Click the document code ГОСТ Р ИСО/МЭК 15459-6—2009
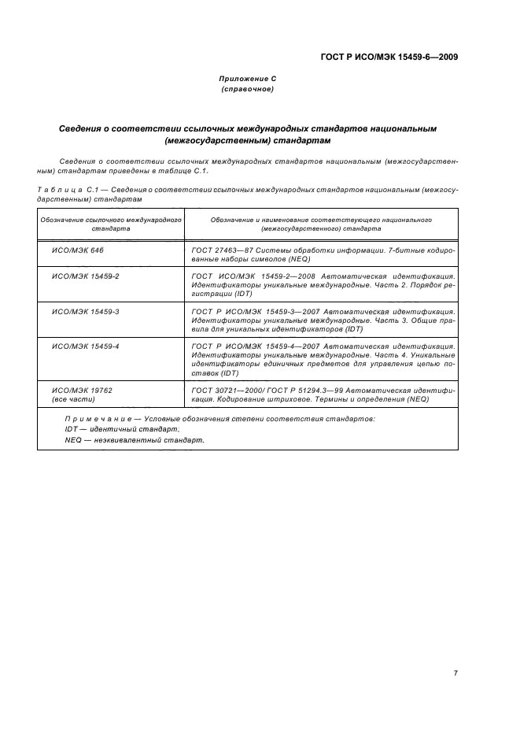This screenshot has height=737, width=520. click(x=390, y=57)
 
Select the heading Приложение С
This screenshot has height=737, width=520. click(x=247, y=80)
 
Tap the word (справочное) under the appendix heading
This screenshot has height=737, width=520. click(x=247, y=90)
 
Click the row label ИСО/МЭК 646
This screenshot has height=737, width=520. click(x=77, y=250)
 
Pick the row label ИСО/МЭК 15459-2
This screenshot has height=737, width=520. click(x=85, y=277)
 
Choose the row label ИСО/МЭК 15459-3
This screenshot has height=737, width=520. click(x=85, y=312)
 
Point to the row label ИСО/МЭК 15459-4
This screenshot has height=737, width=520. click(x=85, y=346)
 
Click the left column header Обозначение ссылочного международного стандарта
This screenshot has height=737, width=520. click(x=112, y=224)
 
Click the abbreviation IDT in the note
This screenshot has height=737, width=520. click(x=72, y=428)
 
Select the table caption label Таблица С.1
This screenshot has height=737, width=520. click(x=70, y=190)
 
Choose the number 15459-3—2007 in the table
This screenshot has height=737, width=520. click(x=289, y=312)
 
